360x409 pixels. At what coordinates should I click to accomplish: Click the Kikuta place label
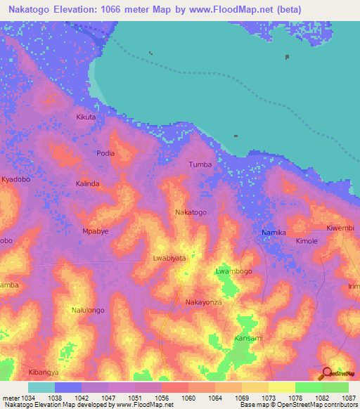coord(85,117)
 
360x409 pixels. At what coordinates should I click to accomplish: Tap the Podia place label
coord(105,152)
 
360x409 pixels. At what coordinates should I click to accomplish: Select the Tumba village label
coord(200,164)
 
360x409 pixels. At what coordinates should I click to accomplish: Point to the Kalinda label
coord(88,183)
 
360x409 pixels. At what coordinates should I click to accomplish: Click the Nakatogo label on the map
coord(191,212)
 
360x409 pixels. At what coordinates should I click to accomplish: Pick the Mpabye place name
coord(95,231)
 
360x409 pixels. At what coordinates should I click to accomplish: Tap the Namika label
coord(274,233)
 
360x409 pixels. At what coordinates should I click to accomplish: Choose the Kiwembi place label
coord(341,228)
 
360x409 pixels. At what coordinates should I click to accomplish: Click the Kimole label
coord(307,240)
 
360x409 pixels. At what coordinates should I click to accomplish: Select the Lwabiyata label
coord(169,258)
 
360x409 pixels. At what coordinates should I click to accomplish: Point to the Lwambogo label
coord(233,271)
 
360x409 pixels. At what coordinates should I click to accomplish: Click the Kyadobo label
coord(16,180)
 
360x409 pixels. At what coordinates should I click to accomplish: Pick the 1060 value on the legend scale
coord(188,398)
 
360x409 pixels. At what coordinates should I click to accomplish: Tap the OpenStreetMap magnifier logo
coord(327,373)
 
